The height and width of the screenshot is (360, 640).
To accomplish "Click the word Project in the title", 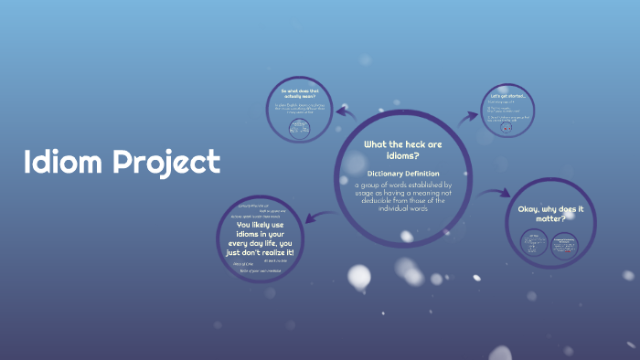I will [x=166, y=164].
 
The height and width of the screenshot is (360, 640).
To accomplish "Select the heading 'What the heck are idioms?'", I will [x=403, y=150].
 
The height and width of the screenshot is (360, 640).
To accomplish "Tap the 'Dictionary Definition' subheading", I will [x=403, y=174].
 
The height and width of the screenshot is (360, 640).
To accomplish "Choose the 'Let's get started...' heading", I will [x=508, y=96].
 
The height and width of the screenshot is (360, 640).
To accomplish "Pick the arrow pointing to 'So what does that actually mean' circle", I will [x=346, y=112].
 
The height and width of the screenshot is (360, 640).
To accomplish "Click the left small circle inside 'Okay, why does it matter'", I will [x=534, y=243].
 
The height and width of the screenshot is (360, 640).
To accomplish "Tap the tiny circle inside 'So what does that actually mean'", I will [x=298, y=130].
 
